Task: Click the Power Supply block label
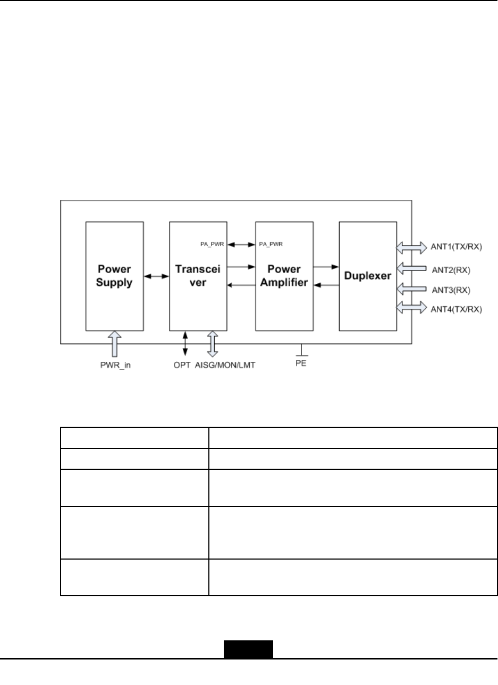coord(114,276)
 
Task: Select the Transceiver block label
coord(198,276)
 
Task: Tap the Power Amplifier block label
coord(284,276)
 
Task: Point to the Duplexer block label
coord(367,276)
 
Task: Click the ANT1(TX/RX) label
coord(455,247)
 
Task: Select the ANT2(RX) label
coord(450,270)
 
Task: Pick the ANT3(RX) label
coord(450,290)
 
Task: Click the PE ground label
coord(301,365)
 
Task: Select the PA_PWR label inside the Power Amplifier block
coord(271,244)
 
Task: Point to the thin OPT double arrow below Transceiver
coord(184,343)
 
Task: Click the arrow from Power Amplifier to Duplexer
coord(326,267)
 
